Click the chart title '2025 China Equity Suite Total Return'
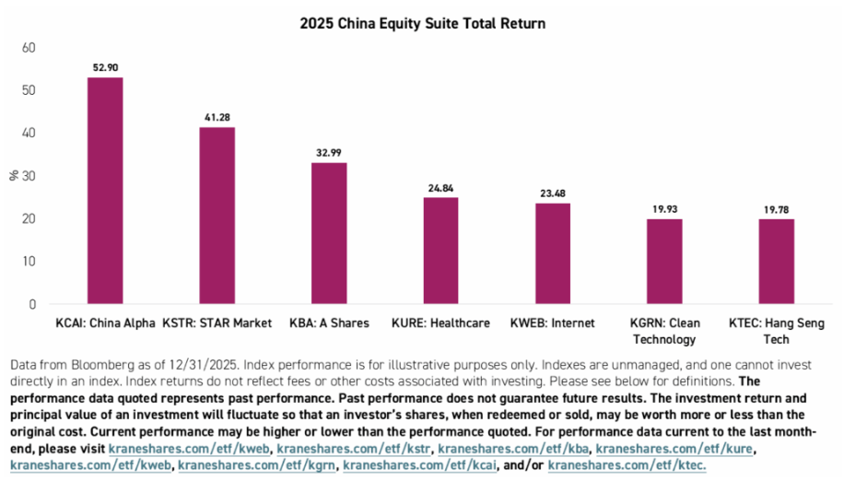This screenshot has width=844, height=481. click(x=422, y=23)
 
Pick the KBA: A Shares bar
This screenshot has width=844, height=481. click(x=329, y=232)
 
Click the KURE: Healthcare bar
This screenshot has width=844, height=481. click(x=440, y=250)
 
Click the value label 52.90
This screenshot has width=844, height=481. click(x=104, y=67)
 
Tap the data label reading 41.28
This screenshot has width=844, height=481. click(x=217, y=117)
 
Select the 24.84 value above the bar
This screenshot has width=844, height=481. click(x=440, y=188)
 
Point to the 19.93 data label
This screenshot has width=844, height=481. click(x=663, y=208)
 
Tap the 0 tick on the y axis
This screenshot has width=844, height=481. click(x=32, y=304)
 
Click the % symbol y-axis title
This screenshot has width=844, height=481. click(x=14, y=175)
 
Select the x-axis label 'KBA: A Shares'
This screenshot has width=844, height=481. click(x=329, y=323)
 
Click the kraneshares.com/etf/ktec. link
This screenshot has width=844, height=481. click(x=627, y=465)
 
